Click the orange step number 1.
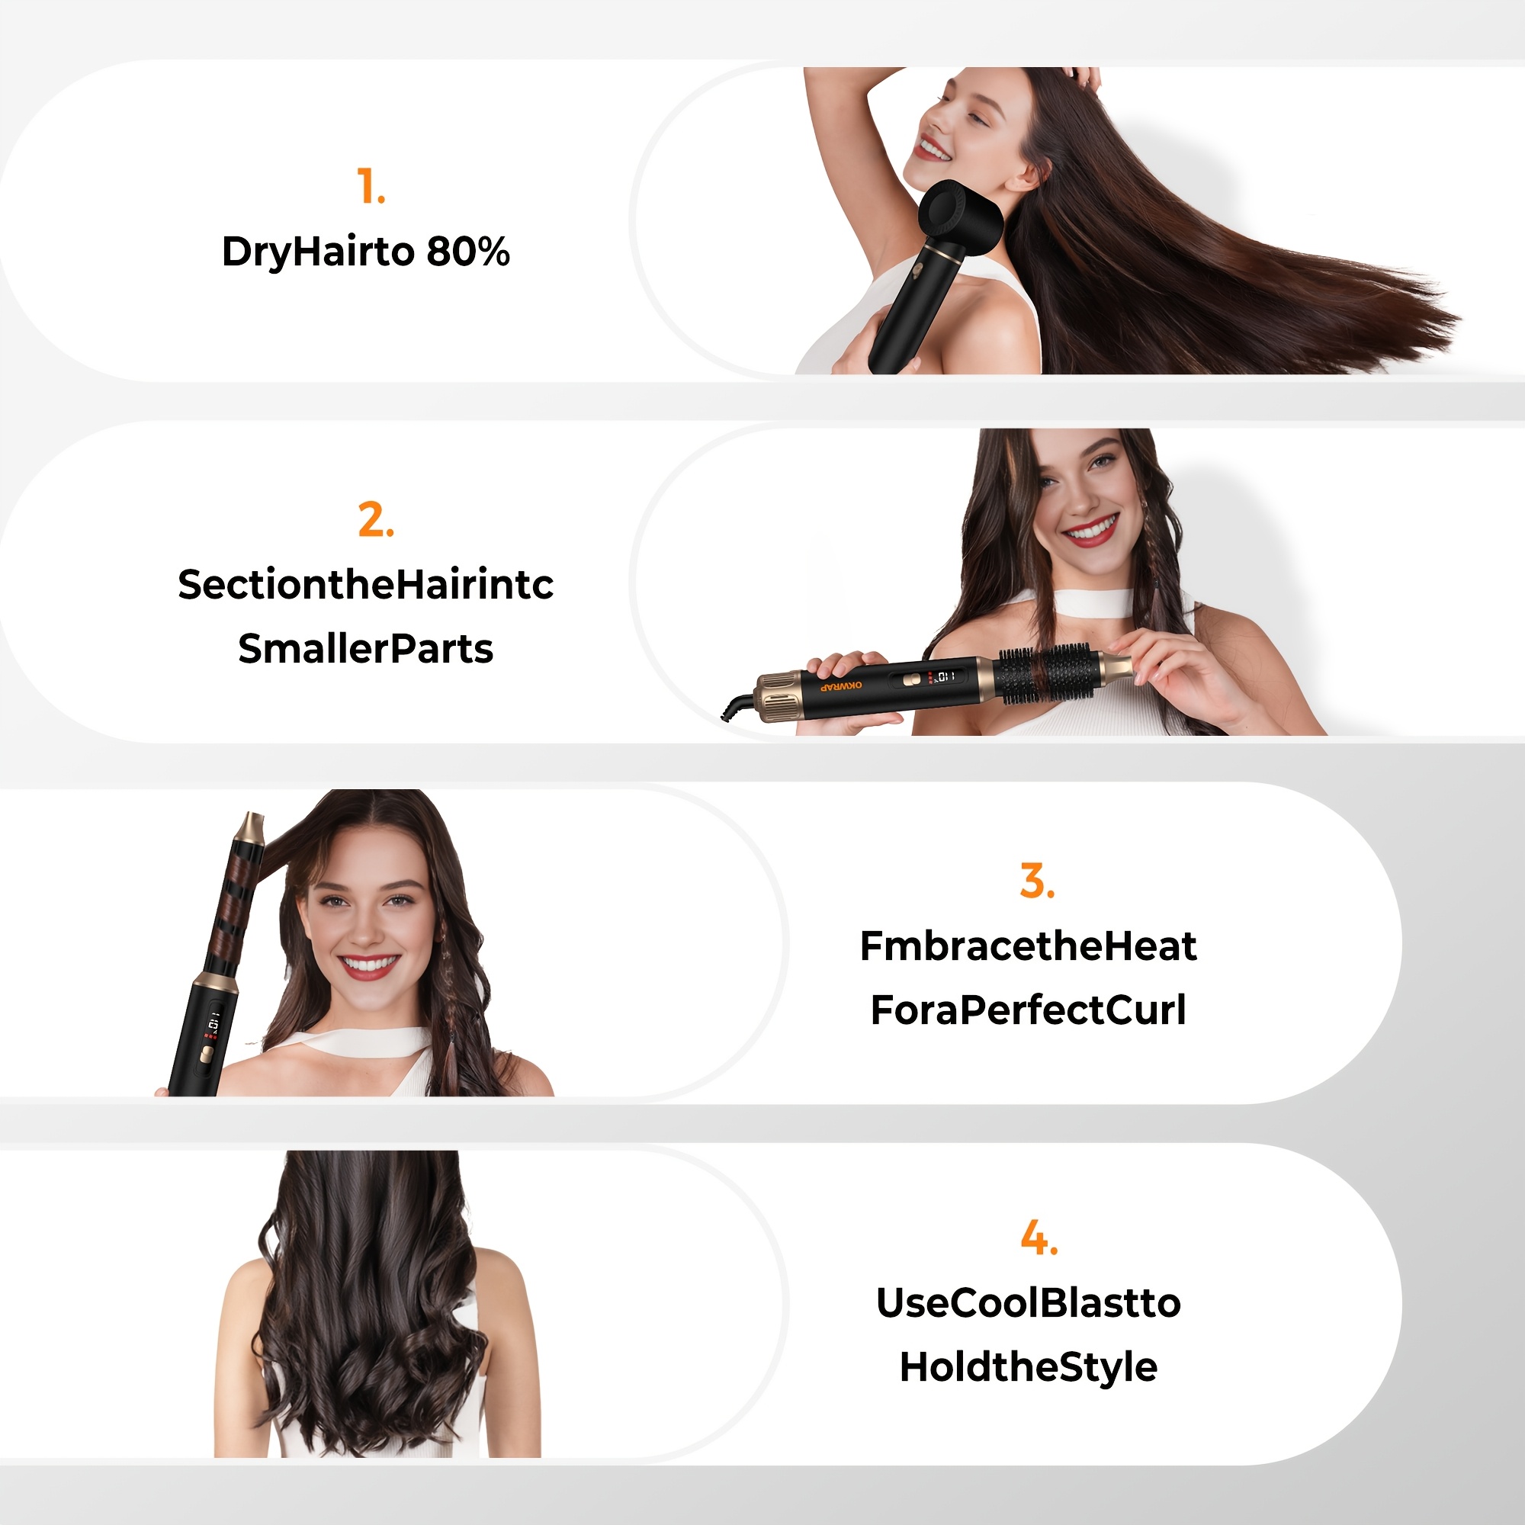coord(371,186)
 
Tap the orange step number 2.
coord(376,520)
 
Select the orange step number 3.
coord(1037,881)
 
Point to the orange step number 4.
coord(1039,1238)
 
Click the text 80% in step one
coord(468,252)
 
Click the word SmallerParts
coord(365,649)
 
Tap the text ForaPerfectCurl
coord(1029,1010)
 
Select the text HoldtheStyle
coord(1029,1367)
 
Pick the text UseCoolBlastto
coord(1029,1302)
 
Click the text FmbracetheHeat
coord(1029,945)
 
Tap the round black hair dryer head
coord(963,217)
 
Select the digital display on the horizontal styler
coord(945,676)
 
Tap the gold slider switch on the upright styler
coord(207,1055)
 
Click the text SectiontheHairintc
coord(365,584)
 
